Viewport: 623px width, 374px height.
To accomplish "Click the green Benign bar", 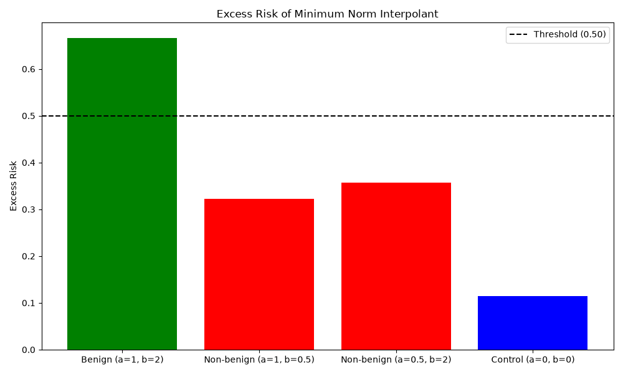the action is (122, 194).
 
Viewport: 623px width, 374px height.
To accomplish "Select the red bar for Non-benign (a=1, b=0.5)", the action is (259, 274).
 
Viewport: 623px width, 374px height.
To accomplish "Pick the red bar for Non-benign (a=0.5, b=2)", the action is (396, 266).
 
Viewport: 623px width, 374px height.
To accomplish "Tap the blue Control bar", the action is (533, 323).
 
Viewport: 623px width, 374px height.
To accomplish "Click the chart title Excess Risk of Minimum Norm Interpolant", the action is (328, 14).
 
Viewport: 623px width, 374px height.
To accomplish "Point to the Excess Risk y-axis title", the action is (14, 186).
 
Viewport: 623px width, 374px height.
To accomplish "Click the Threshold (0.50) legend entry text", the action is (570, 34).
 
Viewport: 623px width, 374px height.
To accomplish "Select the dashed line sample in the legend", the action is (518, 34).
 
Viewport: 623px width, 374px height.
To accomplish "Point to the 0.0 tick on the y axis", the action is (29, 350).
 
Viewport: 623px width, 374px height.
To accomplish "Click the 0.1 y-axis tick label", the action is (29, 304).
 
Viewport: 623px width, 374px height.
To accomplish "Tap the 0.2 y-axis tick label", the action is (29, 256).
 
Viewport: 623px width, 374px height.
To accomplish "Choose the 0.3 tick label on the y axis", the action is (29, 210).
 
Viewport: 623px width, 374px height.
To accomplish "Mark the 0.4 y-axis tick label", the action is (29, 163).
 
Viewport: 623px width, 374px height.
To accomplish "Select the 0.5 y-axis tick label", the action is (29, 116).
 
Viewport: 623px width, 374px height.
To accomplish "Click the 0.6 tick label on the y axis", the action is (29, 69).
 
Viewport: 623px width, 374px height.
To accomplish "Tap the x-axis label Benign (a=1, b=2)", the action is (122, 360).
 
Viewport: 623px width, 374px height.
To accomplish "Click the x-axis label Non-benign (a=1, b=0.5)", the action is (259, 360).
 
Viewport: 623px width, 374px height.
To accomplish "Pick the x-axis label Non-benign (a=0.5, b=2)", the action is (396, 360).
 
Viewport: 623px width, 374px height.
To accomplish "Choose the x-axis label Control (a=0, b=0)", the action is (533, 360).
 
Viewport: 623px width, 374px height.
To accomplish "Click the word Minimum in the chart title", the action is (319, 14).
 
